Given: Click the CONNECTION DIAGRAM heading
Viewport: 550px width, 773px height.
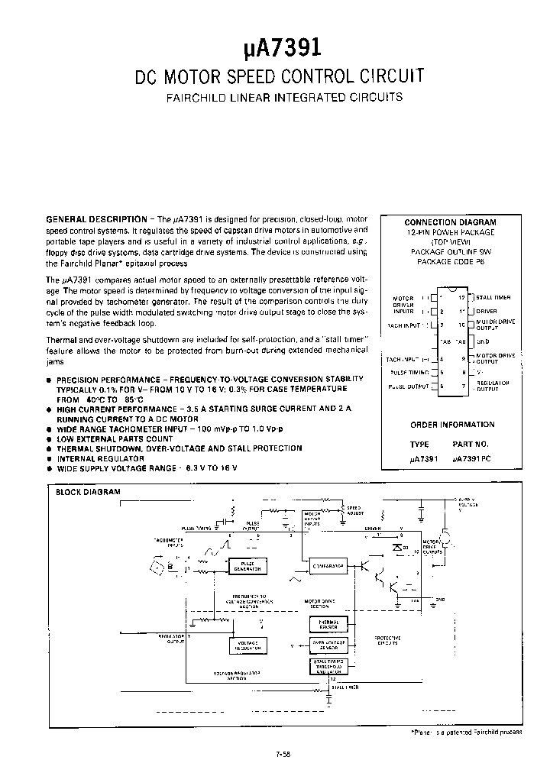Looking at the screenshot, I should pyautogui.click(x=450, y=222).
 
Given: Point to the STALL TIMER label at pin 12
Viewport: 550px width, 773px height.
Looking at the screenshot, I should pyautogui.click(x=493, y=297).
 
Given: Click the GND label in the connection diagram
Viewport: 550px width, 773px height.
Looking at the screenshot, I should pyautogui.click(x=483, y=341).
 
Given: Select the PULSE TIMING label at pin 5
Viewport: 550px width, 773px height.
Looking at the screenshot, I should pyautogui.click(x=409, y=372).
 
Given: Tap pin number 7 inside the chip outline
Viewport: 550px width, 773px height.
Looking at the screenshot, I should pyautogui.click(x=463, y=387).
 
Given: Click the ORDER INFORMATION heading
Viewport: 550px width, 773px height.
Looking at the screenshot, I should pyautogui.click(x=452, y=425).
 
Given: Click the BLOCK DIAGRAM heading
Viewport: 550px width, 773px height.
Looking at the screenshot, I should pyautogui.click(x=89, y=492).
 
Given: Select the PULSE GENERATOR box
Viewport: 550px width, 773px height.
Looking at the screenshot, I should pyautogui.click(x=247, y=565).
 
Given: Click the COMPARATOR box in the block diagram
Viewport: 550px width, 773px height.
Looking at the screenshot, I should pyautogui.click(x=328, y=566).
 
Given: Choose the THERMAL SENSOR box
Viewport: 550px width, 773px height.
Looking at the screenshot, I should pyautogui.click(x=328, y=625).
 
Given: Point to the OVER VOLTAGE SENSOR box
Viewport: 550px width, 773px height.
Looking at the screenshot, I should pyautogui.click(x=328, y=645).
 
